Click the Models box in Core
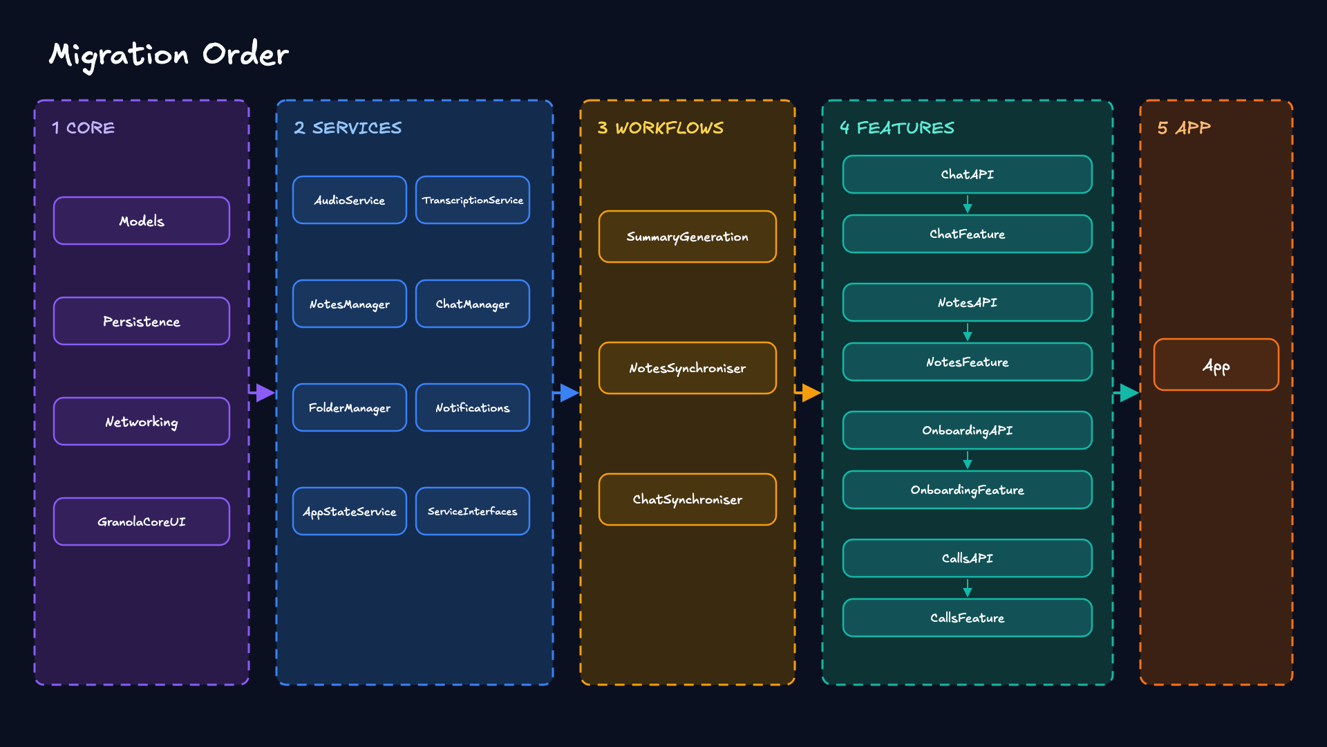click(x=142, y=221)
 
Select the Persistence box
click(x=142, y=321)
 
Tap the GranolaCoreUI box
click(x=142, y=522)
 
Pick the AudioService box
click(x=350, y=200)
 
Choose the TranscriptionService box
click(x=473, y=200)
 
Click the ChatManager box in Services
click(x=473, y=304)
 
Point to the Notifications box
click(x=473, y=407)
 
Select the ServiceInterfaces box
click(x=473, y=511)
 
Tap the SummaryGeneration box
click(x=688, y=237)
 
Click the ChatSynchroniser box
click(x=688, y=499)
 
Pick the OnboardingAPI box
click(x=968, y=430)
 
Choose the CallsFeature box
click(x=968, y=618)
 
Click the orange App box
click(x=1216, y=365)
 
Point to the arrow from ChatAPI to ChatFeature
click(x=968, y=204)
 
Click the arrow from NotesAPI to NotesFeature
click(x=968, y=332)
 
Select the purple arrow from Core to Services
click(x=263, y=393)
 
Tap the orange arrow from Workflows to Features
click(x=809, y=393)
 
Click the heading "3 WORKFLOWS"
click(x=661, y=128)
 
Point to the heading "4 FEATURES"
click(x=897, y=128)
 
